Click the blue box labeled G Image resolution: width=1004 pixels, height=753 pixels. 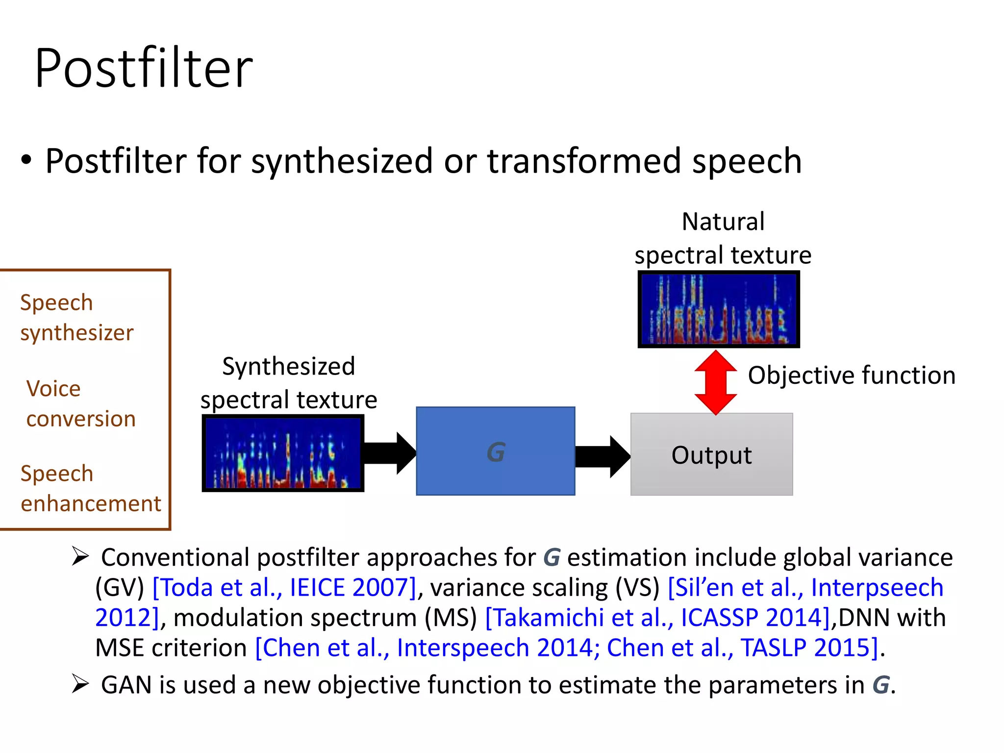(495, 451)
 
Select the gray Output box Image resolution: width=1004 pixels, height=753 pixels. (711, 454)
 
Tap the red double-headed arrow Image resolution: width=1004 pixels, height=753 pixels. (716, 382)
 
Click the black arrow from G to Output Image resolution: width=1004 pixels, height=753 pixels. (602, 456)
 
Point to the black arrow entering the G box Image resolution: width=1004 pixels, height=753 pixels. (390, 453)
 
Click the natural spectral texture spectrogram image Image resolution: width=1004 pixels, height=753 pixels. (719, 309)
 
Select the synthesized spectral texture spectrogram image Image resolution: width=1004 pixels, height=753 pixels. (283, 453)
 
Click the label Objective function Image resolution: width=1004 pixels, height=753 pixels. (852, 376)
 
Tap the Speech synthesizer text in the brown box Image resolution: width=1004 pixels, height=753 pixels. (76, 318)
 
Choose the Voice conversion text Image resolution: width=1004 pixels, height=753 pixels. (81, 403)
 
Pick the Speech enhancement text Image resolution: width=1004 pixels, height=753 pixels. (91, 488)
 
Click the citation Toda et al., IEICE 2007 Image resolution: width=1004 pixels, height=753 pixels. (285, 587)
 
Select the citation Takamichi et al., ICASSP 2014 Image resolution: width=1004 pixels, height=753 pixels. (657, 618)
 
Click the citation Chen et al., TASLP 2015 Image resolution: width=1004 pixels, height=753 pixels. (742, 648)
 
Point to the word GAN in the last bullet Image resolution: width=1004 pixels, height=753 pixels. (126, 685)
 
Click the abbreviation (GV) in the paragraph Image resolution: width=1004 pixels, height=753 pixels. (119, 587)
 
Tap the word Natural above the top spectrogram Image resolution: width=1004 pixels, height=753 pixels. (723, 222)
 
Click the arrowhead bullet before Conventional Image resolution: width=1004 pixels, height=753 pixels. (80, 556)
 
